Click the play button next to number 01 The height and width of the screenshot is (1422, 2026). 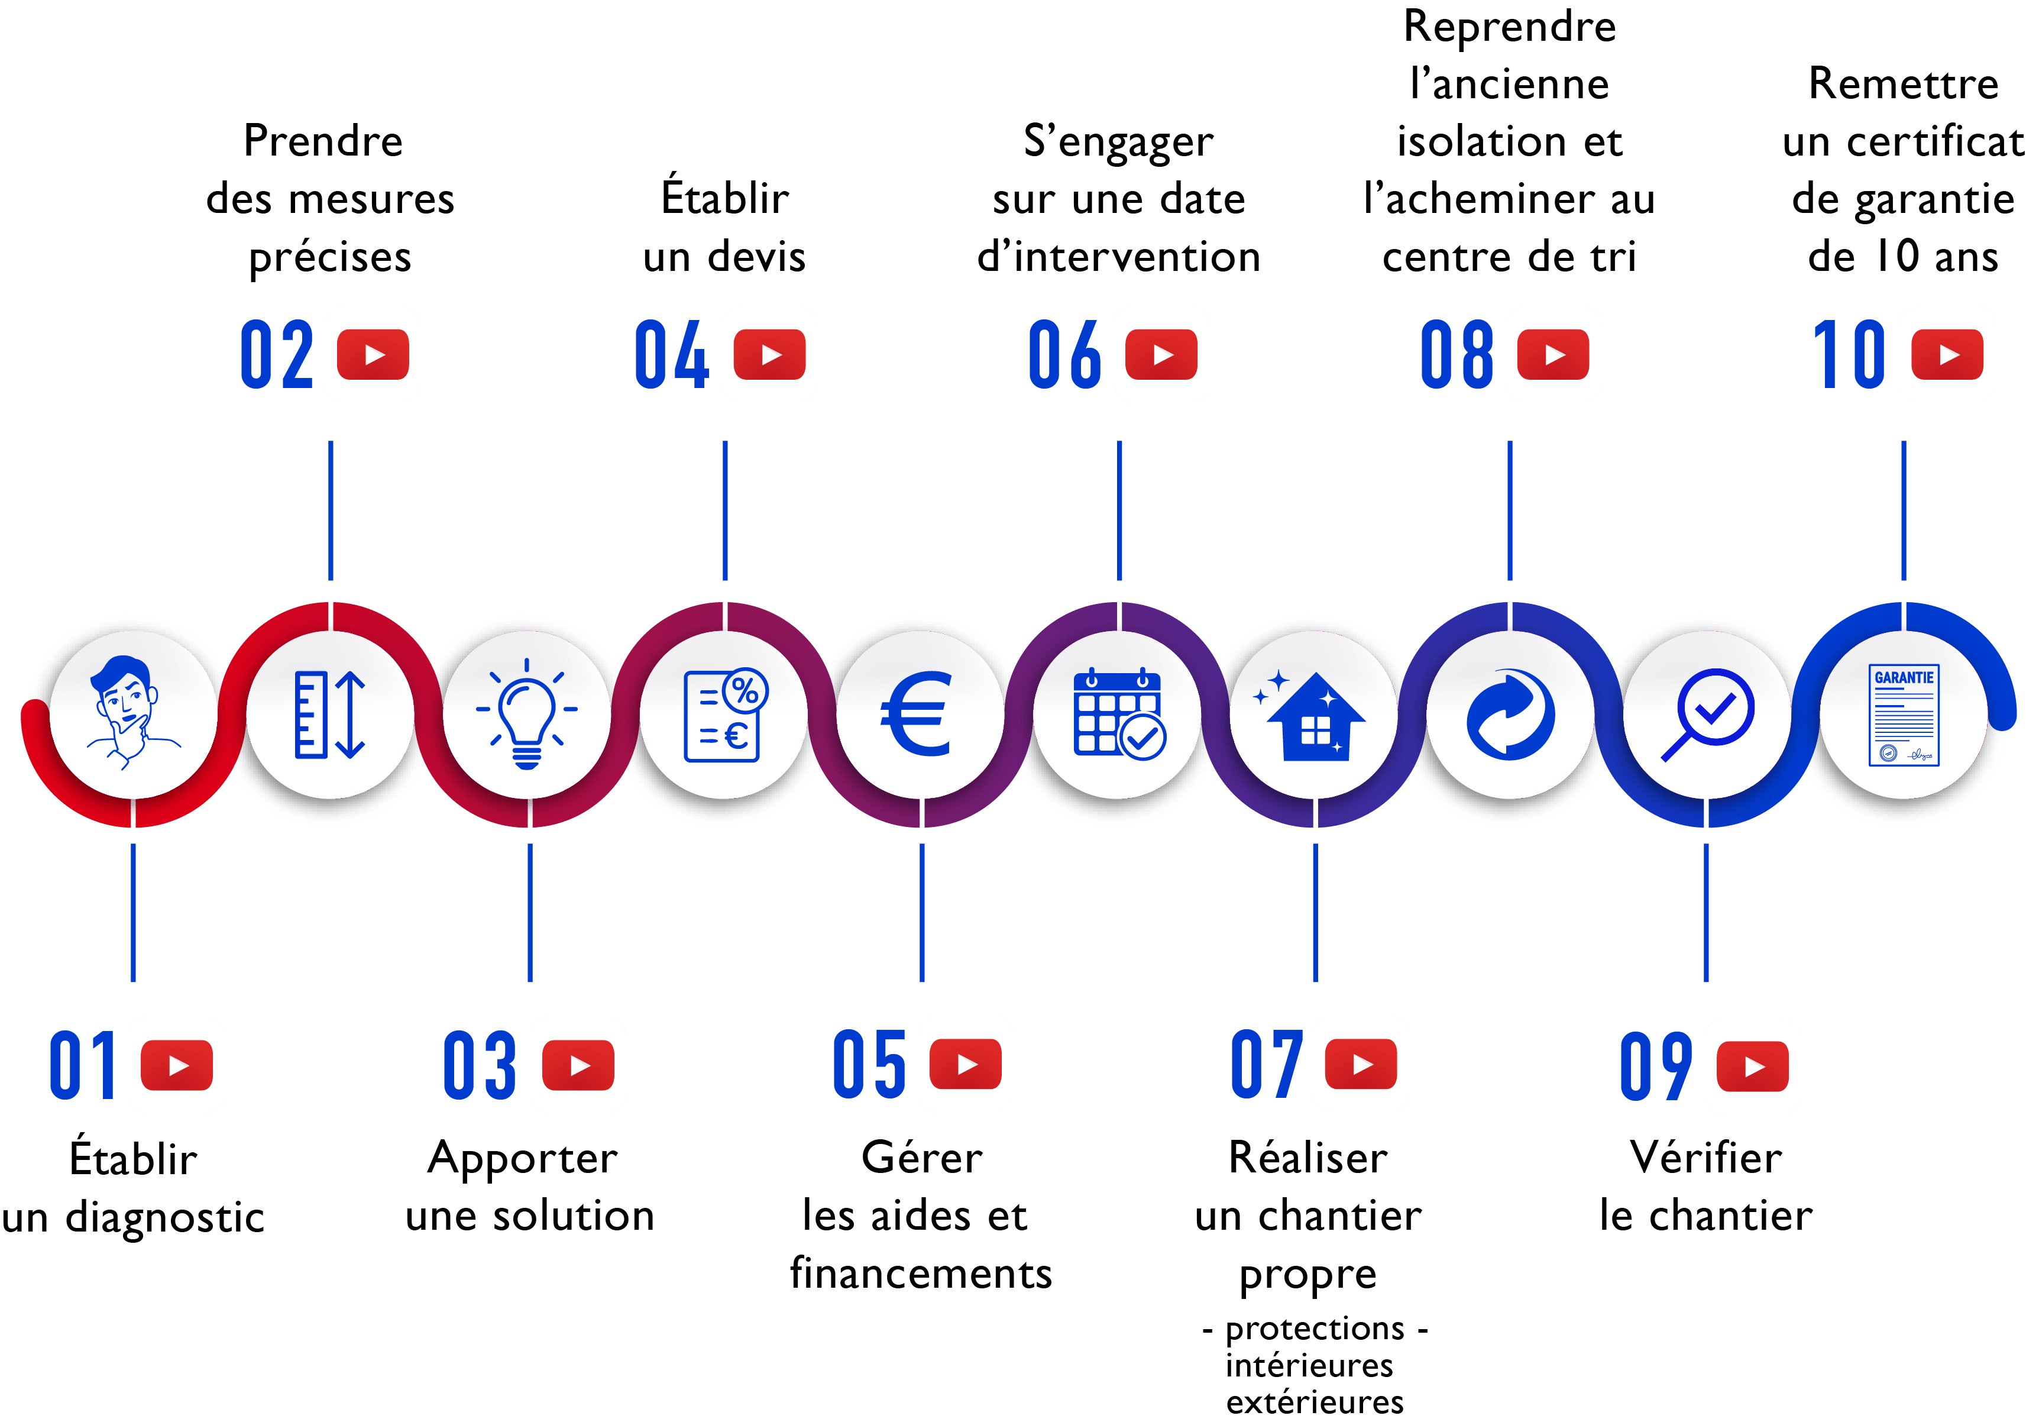click(177, 1065)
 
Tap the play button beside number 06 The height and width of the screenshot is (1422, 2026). click(1161, 355)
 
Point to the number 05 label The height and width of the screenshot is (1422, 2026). click(870, 1065)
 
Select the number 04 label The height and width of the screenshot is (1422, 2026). click(672, 355)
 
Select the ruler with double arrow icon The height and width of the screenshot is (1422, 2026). click(329, 715)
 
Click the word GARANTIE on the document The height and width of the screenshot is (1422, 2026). click(1904, 678)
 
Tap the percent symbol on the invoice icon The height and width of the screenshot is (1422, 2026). click(746, 690)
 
